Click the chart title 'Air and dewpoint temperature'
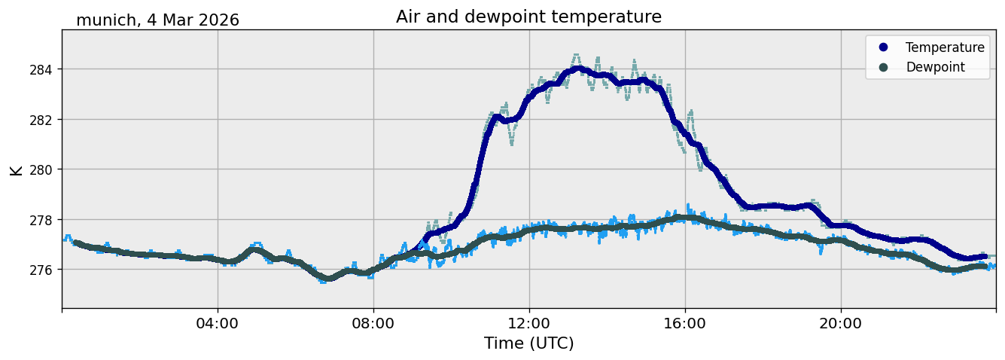(528, 17)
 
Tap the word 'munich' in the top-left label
(106, 20)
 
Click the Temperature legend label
(945, 47)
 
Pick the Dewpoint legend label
(936, 67)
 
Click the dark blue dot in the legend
(883, 47)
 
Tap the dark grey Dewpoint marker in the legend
(883, 67)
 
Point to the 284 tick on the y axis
(41, 69)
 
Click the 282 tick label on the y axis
(41, 120)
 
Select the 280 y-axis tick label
(41, 170)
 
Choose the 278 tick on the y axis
(41, 220)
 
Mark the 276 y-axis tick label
(41, 270)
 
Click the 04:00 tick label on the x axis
(218, 323)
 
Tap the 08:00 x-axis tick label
(373, 323)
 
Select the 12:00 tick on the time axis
(529, 323)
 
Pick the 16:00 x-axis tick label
(684, 323)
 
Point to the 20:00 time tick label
(840, 323)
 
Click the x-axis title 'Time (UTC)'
(528, 343)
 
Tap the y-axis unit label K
(16, 170)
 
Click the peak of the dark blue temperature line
(579, 69)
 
